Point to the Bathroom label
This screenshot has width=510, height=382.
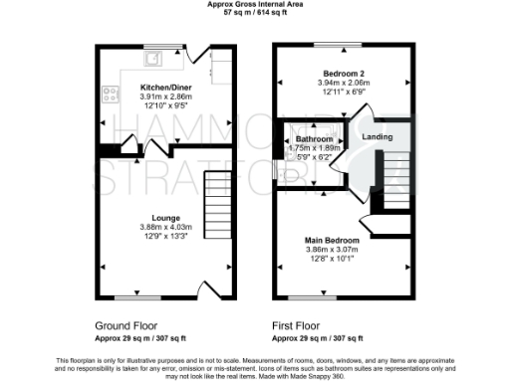313,139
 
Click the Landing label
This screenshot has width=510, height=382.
377,136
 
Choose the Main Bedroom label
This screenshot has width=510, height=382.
332,240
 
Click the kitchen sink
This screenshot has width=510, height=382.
150,58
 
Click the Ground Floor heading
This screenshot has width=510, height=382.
126,325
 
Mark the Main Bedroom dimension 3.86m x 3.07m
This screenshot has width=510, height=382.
332,250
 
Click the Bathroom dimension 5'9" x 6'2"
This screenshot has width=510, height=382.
313,156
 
